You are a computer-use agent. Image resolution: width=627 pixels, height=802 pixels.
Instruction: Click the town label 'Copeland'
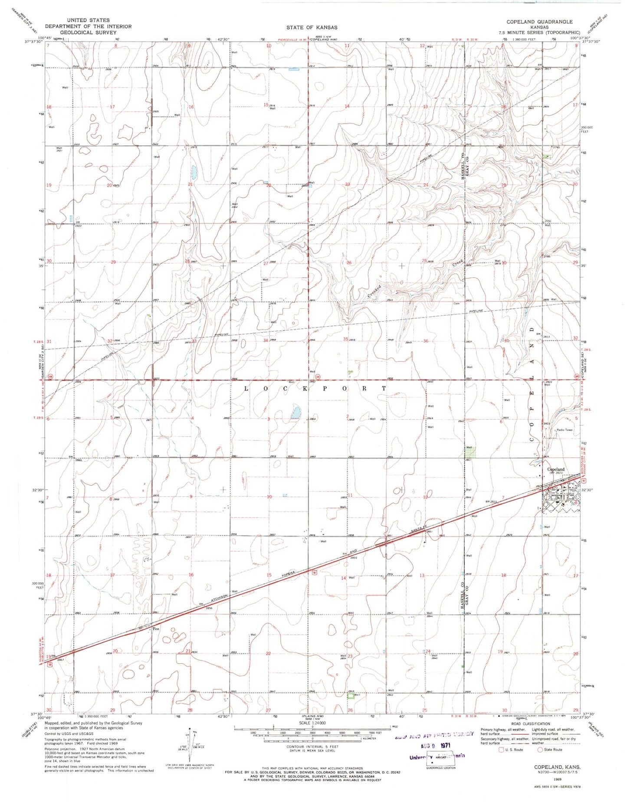[556, 469]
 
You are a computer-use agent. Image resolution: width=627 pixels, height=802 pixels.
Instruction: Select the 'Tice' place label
[155, 629]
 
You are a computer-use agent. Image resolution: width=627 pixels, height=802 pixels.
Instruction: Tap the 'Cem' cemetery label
[456, 304]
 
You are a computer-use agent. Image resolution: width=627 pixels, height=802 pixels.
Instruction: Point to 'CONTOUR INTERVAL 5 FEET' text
[312, 747]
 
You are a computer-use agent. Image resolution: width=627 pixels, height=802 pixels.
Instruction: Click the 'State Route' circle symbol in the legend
[540, 750]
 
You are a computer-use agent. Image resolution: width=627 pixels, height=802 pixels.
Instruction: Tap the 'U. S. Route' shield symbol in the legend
[502, 750]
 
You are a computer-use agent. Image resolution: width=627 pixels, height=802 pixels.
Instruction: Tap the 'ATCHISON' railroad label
[220, 599]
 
